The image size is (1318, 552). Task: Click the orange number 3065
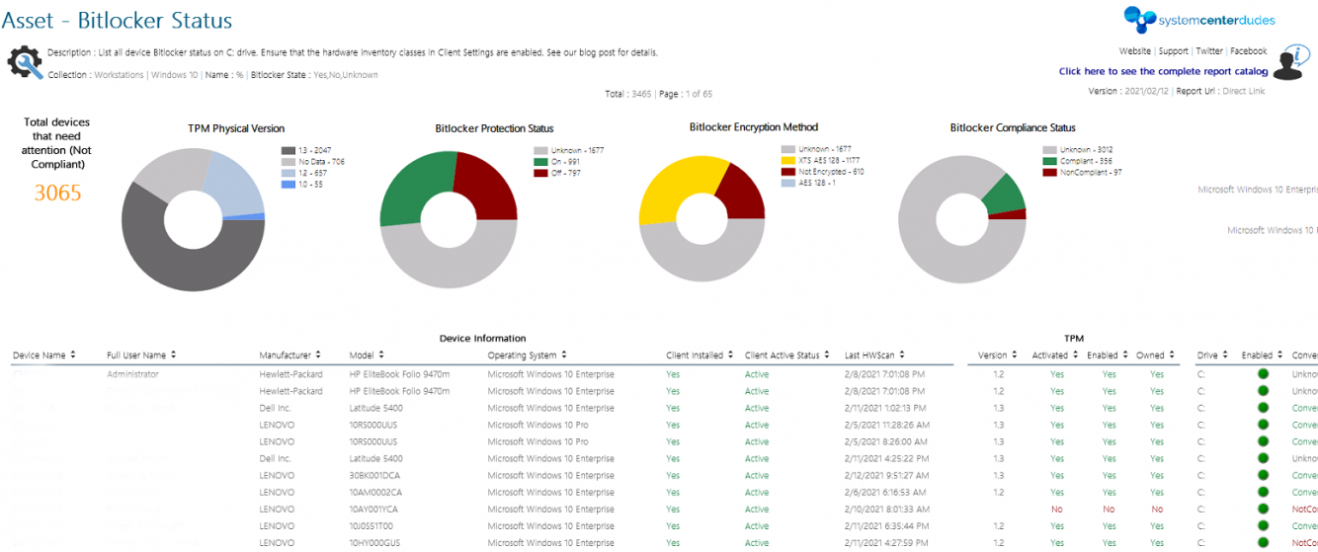point(57,193)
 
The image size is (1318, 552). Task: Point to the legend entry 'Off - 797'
point(561,173)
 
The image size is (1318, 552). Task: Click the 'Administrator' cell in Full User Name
point(132,374)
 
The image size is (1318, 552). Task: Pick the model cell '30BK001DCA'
point(372,475)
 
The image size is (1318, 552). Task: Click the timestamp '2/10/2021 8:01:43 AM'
point(884,509)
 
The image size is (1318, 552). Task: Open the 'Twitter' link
point(1208,51)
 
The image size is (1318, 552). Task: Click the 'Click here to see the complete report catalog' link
point(1163,71)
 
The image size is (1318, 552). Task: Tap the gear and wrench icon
point(25,62)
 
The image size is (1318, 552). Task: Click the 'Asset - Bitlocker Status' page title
point(118,20)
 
